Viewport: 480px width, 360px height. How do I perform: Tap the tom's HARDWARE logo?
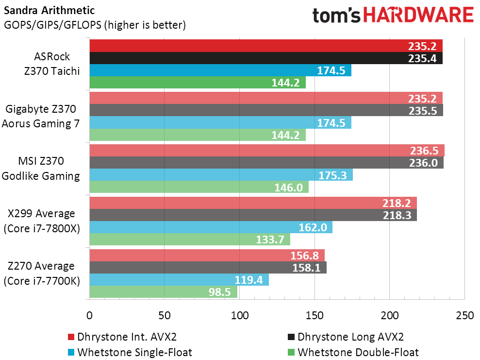tap(393, 16)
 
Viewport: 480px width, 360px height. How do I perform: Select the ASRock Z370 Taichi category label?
tap(52, 64)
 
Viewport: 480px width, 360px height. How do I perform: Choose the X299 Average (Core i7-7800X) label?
tap(41, 221)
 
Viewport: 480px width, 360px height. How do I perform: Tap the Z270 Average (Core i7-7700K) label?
tap(41, 274)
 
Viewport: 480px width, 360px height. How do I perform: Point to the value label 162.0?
tap(315, 227)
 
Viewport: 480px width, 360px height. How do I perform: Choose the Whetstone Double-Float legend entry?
tap(353, 352)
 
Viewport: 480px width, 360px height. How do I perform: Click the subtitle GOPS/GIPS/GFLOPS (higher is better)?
tap(95, 24)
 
